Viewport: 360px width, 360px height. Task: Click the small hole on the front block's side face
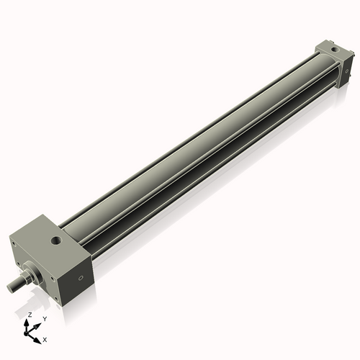click(x=81, y=274)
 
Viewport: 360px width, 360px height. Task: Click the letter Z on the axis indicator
click(x=30, y=315)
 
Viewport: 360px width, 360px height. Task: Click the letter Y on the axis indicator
click(x=44, y=318)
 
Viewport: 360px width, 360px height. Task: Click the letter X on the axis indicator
click(x=45, y=338)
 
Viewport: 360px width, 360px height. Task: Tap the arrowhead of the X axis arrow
click(x=38, y=336)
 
